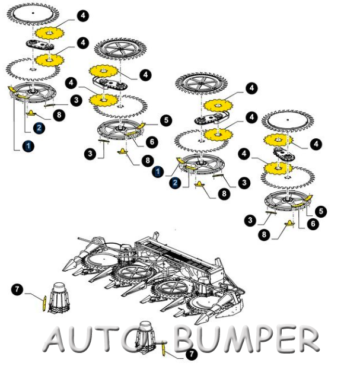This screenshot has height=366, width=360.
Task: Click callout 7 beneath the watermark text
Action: pyautogui.click(x=192, y=354)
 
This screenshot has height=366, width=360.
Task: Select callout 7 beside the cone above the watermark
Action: pyautogui.click(x=17, y=289)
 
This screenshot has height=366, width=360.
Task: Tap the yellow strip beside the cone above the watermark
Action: pyautogui.click(x=44, y=303)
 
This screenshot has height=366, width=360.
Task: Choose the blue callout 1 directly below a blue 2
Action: pyautogui.click(x=28, y=147)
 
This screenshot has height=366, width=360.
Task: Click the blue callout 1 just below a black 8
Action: pyautogui.click(x=158, y=172)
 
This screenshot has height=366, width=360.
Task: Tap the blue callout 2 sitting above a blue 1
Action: pyautogui.click(x=39, y=128)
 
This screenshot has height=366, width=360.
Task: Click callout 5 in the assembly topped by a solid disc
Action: pyautogui.click(x=321, y=211)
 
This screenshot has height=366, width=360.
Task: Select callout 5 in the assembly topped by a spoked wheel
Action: pyautogui.click(x=166, y=120)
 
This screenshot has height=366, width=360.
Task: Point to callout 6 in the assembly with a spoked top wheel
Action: pyautogui.click(x=152, y=142)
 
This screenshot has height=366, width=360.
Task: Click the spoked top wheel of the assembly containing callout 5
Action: pyautogui.click(x=120, y=49)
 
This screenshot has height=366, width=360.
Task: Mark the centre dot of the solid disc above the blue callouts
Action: pyautogui.click(x=33, y=12)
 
